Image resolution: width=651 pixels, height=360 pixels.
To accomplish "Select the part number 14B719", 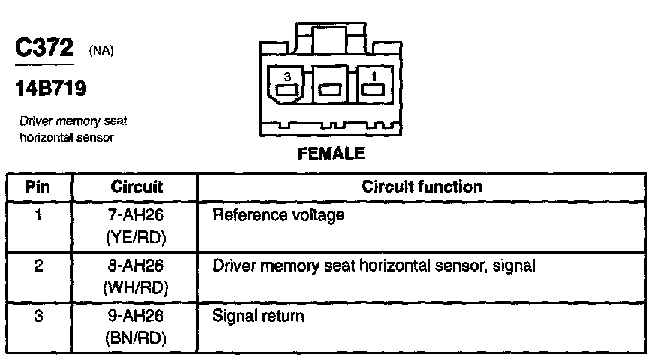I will pos(50,88).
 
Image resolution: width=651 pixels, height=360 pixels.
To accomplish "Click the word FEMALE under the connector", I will pos(331,155).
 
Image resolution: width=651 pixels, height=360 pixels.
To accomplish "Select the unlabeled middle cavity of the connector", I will pos(330,89).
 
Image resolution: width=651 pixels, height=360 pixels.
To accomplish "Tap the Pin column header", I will pos(38,187).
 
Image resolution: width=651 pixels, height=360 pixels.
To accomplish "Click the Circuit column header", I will pos(136,187).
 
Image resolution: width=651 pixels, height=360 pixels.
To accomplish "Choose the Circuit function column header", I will pos(421,187).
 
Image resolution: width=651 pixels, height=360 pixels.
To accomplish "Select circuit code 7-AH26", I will pos(136,217).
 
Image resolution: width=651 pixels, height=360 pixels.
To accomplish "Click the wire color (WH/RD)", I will pos(136,286).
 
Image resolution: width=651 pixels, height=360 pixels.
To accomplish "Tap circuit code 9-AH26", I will pos(136,316).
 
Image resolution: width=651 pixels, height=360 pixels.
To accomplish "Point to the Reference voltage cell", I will pos(278,217).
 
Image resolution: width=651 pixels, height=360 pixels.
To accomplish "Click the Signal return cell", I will pos(258,316).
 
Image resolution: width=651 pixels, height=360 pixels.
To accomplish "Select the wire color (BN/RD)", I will pos(136,337).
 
